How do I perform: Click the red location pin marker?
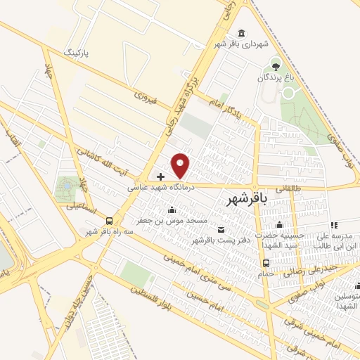tap(181, 165)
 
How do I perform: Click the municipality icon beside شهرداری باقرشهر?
tap(242, 34)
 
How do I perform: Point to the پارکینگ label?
tap(78, 53)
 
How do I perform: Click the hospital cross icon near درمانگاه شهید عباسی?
tap(160, 176)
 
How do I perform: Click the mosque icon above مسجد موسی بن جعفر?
tap(172, 210)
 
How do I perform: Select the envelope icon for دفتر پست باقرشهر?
tap(222, 230)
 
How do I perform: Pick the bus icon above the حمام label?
tap(266, 264)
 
